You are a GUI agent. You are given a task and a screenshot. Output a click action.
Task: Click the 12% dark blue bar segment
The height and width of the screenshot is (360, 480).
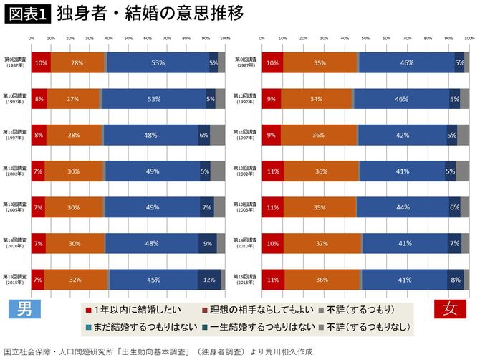coord(209,280)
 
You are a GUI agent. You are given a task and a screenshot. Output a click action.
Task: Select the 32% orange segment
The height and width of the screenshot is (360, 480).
coord(75,280)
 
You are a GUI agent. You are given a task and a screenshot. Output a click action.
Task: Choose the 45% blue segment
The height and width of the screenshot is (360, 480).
coord(153,280)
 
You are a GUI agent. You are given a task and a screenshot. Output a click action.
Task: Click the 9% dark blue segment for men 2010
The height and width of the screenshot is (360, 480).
coord(208,244)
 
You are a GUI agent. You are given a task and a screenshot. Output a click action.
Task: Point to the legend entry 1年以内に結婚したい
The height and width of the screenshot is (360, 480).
coord(134,309)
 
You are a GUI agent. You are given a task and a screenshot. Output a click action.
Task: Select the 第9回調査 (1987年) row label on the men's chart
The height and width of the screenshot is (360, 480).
coord(16,62)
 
